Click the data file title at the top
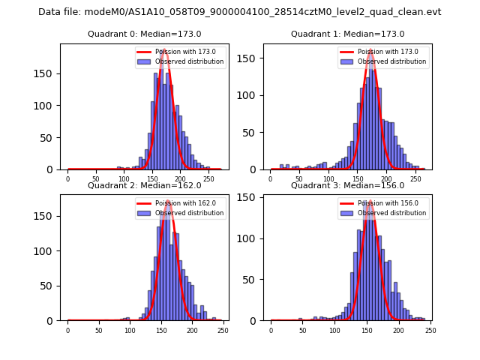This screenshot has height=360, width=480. (x=240, y=12)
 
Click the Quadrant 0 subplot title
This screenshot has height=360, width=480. (x=142, y=34)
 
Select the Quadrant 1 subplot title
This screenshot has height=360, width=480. (x=347, y=34)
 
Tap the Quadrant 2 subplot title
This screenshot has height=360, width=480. (x=142, y=185)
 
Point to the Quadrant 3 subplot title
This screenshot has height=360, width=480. (x=347, y=185)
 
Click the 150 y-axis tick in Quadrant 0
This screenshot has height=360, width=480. (x=47, y=74)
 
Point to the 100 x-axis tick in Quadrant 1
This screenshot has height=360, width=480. (x=328, y=178)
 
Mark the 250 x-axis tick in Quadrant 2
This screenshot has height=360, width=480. (x=223, y=330)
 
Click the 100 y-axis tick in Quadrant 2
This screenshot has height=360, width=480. (x=47, y=250)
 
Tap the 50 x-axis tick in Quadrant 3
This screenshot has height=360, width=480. (x=303, y=330)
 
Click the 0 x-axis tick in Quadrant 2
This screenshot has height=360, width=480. (x=67, y=330)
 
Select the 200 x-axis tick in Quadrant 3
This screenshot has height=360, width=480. (x=398, y=330)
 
